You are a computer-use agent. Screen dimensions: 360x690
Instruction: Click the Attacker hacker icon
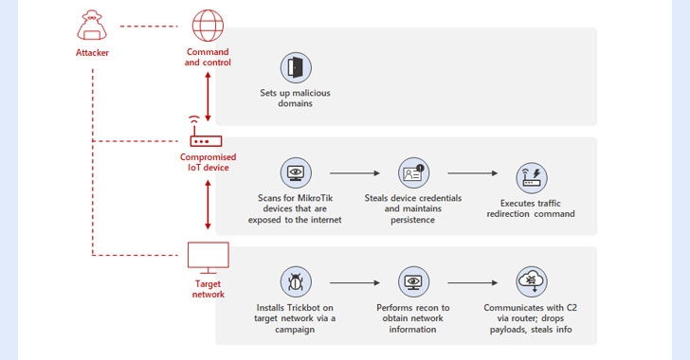tap(92, 24)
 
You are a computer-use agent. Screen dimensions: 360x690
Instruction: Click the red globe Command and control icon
tap(207, 24)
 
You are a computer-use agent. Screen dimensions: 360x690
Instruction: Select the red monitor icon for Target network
tap(207, 257)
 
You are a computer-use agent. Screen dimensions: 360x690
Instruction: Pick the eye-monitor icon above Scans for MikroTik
tap(297, 173)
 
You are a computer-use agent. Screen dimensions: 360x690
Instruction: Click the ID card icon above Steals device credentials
tap(412, 173)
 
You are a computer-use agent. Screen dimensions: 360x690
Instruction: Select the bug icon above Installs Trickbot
tap(297, 281)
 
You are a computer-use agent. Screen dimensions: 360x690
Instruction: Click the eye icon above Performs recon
tap(412, 281)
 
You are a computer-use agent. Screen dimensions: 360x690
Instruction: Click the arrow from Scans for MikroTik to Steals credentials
tap(354, 174)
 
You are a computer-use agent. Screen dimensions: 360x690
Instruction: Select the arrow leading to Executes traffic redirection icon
tap(470, 174)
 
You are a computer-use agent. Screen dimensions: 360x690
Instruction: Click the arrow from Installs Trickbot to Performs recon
tap(354, 282)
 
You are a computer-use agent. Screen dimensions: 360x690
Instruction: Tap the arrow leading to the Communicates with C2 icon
tap(470, 282)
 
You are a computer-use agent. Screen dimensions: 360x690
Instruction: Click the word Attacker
tap(92, 52)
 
